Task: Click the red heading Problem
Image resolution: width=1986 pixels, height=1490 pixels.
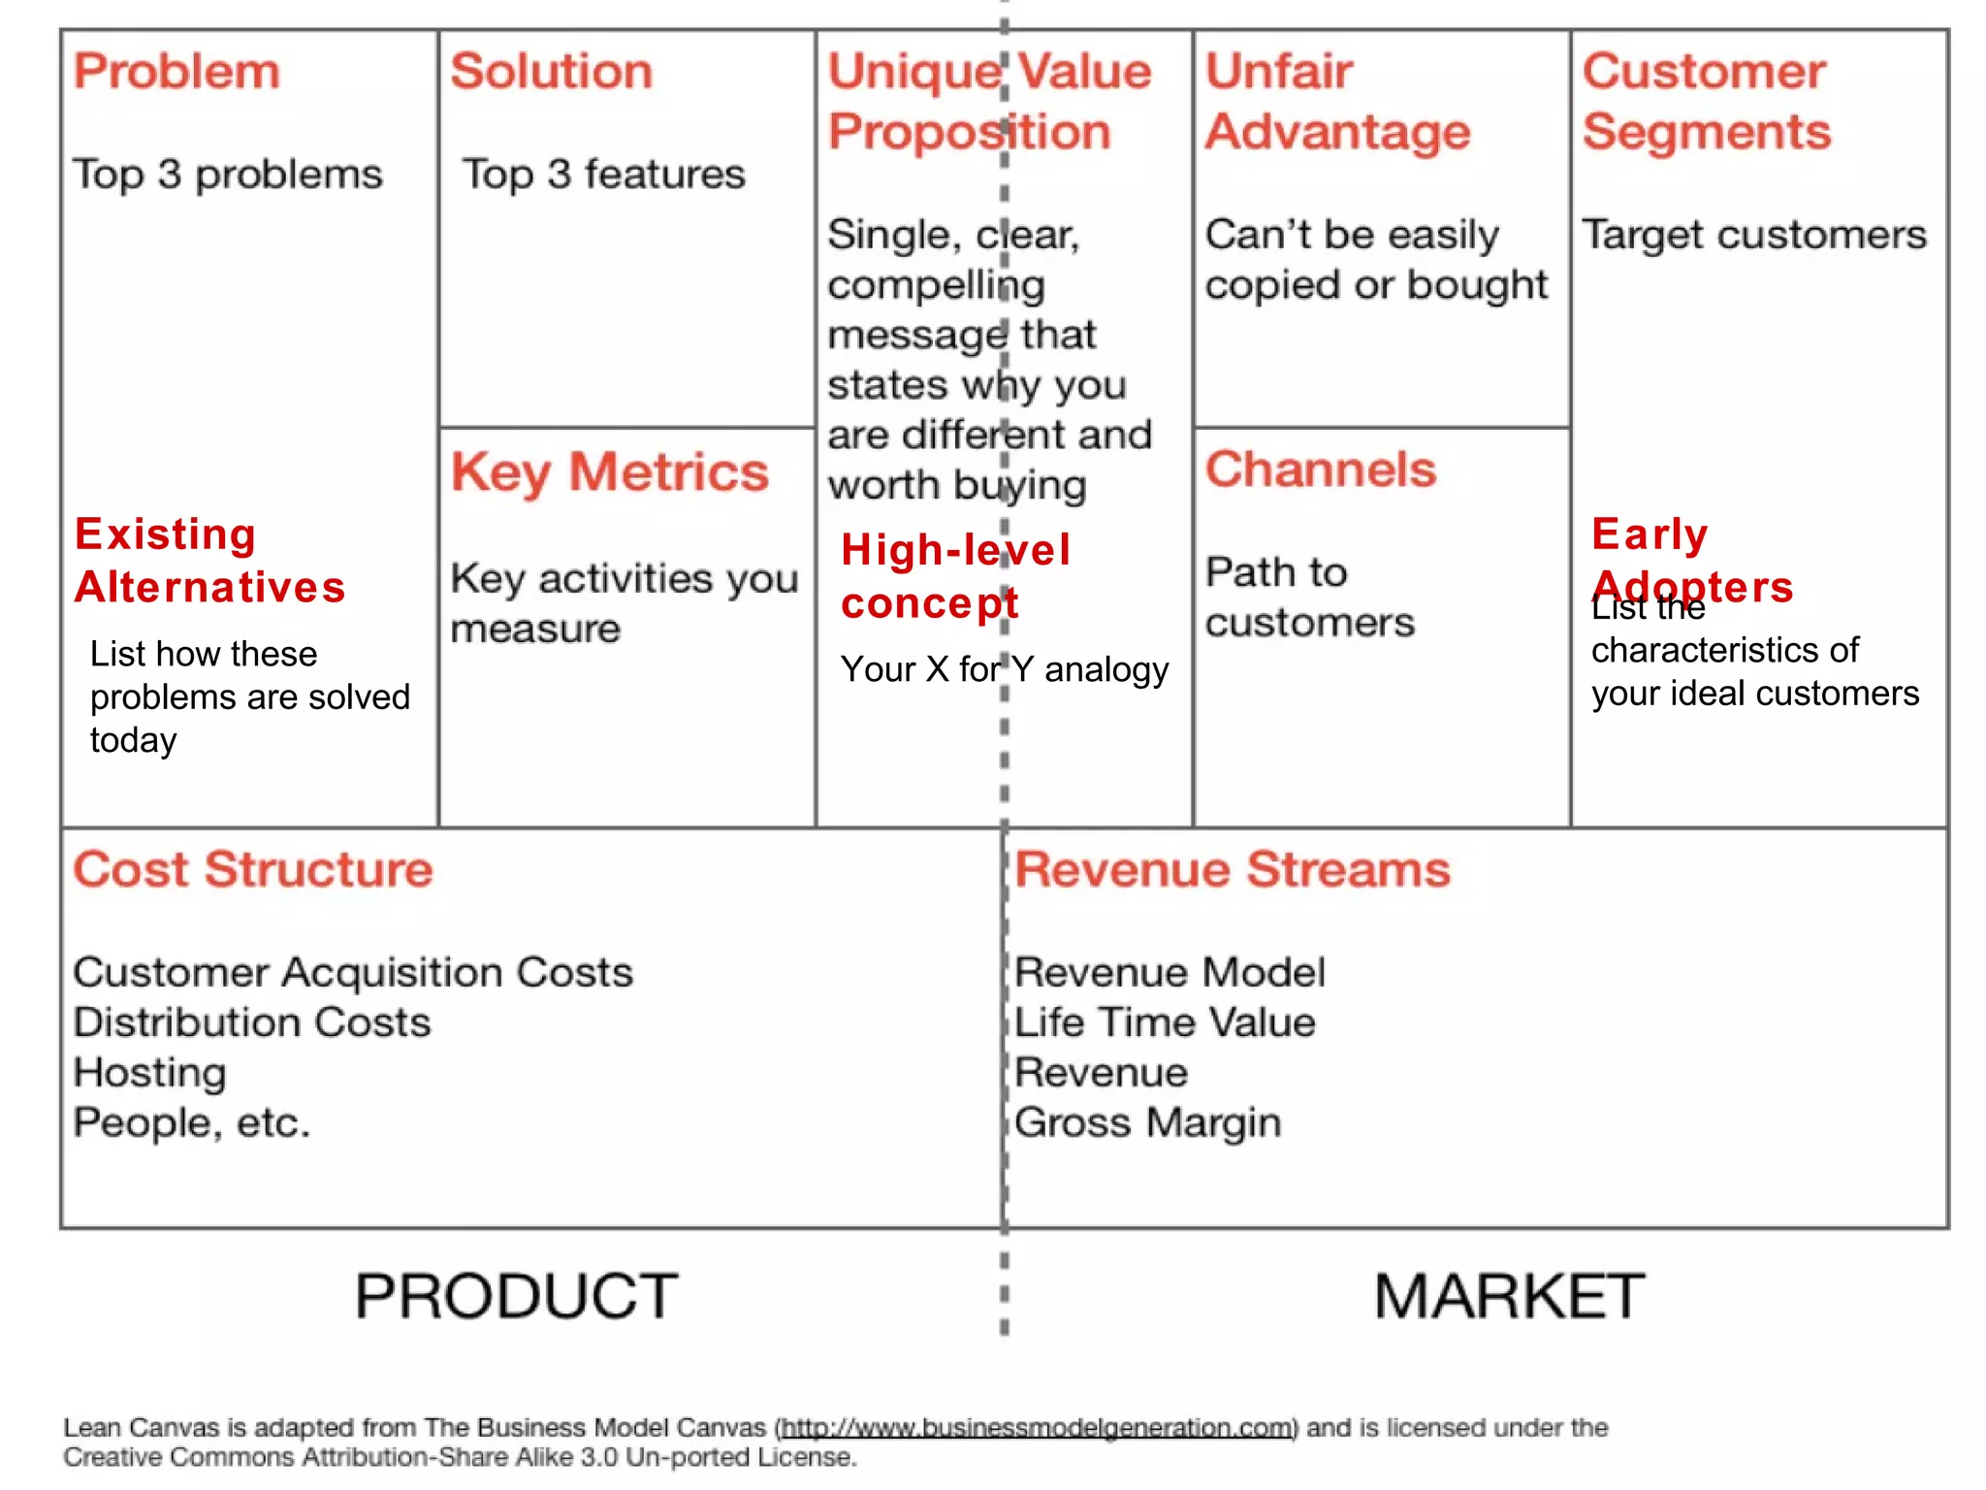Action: pyautogui.click(x=176, y=72)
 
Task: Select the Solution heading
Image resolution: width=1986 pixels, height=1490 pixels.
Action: pyautogui.click(x=551, y=72)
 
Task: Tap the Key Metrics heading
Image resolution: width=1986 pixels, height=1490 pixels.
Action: pyautogui.click(x=609, y=472)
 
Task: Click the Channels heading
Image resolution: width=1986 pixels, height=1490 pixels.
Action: pyautogui.click(x=1320, y=470)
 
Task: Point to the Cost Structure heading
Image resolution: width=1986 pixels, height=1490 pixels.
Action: pyautogui.click(x=253, y=869)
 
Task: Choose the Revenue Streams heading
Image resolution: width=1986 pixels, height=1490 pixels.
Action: pyautogui.click(x=1233, y=869)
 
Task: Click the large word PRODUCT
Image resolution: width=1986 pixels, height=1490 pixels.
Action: pyautogui.click(x=516, y=1296)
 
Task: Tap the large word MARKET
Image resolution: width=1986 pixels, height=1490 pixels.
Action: pyautogui.click(x=1509, y=1296)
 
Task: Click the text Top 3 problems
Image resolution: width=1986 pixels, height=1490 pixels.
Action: pyautogui.click(x=228, y=175)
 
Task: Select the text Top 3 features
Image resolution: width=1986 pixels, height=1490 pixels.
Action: pyautogui.click(x=603, y=175)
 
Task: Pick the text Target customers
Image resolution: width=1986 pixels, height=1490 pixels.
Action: pyautogui.click(x=1754, y=235)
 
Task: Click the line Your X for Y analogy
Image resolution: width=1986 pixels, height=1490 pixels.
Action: pyautogui.click(x=1005, y=669)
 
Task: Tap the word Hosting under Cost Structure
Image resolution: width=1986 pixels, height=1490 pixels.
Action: pyautogui.click(x=150, y=1073)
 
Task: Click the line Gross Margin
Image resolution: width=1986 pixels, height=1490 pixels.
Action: pyautogui.click(x=1148, y=1123)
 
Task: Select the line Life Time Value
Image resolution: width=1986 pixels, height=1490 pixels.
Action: pyautogui.click(x=1165, y=1022)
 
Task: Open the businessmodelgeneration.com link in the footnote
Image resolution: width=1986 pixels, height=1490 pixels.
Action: pyautogui.click(x=1037, y=1428)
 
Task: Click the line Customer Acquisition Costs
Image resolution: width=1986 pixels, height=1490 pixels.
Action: pyautogui.click(x=353, y=972)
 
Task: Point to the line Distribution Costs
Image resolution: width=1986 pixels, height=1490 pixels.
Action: pyautogui.click(x=252, y=1022)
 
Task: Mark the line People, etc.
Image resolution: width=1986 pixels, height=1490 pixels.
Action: pyautogui.click(x=192, y=1123)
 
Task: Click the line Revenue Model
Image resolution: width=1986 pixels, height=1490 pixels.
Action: pyautogui.click(x=1169, y=972)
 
